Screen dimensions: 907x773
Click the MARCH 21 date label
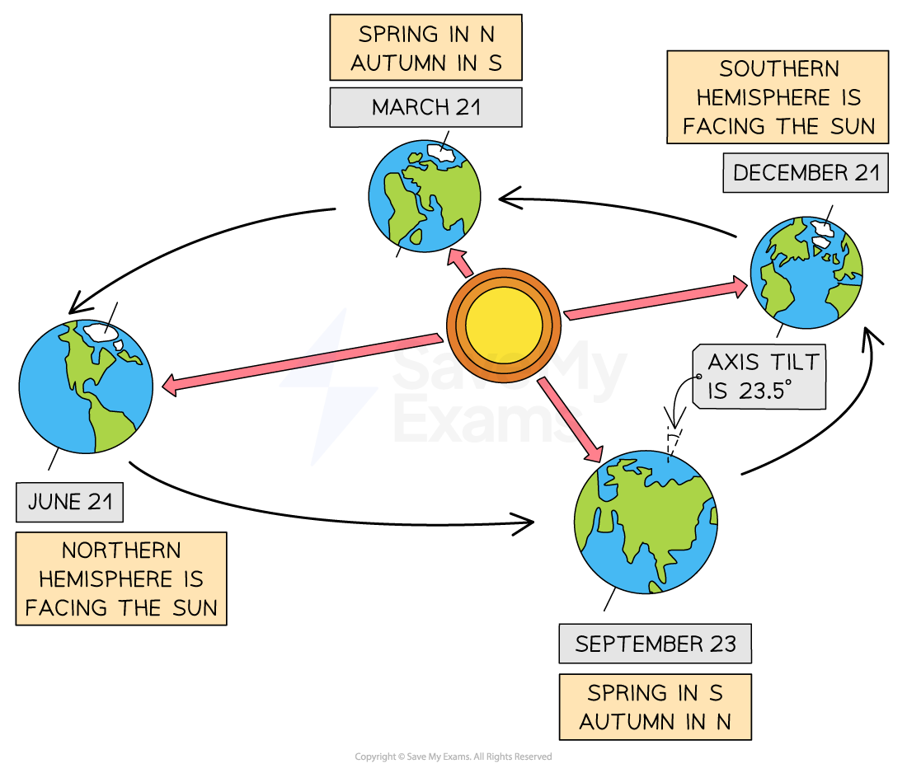click(x=425, y=107)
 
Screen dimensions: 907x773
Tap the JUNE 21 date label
click(x=69, y=502)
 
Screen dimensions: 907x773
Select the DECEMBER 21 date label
click(x=806, y=173)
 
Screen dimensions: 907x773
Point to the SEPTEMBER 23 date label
click(x=655, y=644)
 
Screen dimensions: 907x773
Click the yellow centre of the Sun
click(x=504, y=325)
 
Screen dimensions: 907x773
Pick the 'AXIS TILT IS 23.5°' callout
click(x=759, y=377)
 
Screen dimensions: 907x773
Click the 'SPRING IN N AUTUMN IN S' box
click(x=425, y=48)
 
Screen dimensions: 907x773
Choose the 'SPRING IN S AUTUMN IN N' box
click(x=655, y=707)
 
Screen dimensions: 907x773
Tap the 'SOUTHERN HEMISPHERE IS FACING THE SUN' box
click(x=778, y=97)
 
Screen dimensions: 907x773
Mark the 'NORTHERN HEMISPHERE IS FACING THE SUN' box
click(x=121, y=579)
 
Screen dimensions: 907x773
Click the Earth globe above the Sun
click(x=425, y=196)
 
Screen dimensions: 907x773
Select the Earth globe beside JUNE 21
click(x=86, y=386)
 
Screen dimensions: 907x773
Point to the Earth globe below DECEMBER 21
click(x=806, y=273)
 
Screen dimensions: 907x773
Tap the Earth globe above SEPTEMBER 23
click(x=646, y=522)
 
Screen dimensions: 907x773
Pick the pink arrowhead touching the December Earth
click(x=740, y=287)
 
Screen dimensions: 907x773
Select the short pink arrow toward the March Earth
click(x=460, y=264)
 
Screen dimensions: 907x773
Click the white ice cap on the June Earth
click(x=101, y=332)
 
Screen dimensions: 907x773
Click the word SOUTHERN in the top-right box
click(x=778, y=68)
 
